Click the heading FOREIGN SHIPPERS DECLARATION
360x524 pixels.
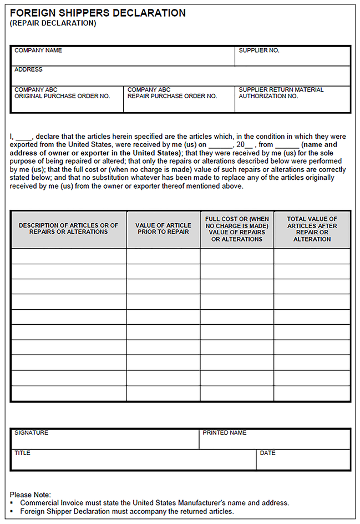(x=98, y=13)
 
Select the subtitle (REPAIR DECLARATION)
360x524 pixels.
(x=53, y=23)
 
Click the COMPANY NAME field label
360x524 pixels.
(x=38, y=51)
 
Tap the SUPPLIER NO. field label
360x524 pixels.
(x=259, y=51)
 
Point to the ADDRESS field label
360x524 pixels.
(x=28, y=70)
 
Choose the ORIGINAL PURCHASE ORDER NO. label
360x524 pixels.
(x=62, y=93)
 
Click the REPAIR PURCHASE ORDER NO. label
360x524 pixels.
(x=172, y=93)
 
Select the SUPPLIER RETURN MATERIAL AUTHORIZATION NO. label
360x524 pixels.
(x=281, y=93)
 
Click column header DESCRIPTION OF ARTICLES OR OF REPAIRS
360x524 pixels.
(x=69, y=229)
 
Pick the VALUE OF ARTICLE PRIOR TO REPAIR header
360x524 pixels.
(x=163, y=229)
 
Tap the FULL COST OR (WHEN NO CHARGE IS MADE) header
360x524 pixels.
(x=237, y=229)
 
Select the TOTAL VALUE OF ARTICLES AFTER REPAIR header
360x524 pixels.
(x=312, y=229)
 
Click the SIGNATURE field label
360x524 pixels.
(x=31, y=433)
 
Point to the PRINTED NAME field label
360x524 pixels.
(x=225, y=433)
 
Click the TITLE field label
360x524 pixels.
(x=22, y=453)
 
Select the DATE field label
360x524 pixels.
(x=267, y=453)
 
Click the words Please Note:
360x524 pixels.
(x=31, y=495)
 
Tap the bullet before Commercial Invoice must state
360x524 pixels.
(x=12, y=503)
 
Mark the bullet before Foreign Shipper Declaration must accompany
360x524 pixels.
(x=12, y=512)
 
